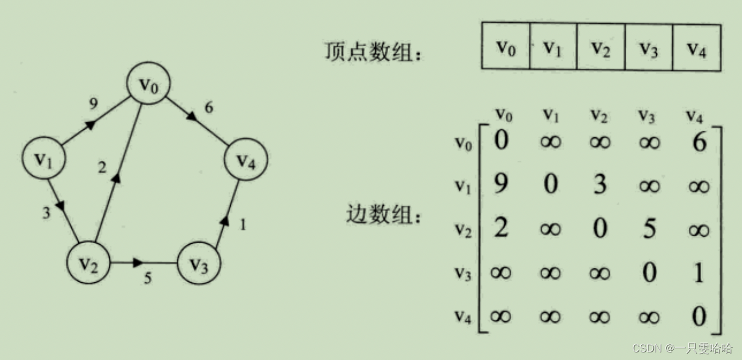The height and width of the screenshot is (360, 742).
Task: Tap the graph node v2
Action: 89,264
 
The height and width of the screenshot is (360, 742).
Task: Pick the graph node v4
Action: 245,159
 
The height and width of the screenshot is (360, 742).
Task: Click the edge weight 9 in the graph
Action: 93,105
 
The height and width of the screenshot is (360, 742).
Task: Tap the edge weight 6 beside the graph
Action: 209,108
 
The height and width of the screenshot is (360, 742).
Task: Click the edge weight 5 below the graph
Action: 148,279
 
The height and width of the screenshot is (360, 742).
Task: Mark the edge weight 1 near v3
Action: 243,224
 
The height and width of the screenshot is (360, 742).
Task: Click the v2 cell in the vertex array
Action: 601,47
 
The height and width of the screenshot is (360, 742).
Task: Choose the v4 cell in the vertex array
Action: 696,47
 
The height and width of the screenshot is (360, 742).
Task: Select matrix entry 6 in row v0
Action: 699,142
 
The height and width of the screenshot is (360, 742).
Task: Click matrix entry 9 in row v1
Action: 501,186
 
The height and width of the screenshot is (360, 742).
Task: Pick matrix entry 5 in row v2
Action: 649,229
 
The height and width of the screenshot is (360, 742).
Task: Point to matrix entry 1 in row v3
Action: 699,273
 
